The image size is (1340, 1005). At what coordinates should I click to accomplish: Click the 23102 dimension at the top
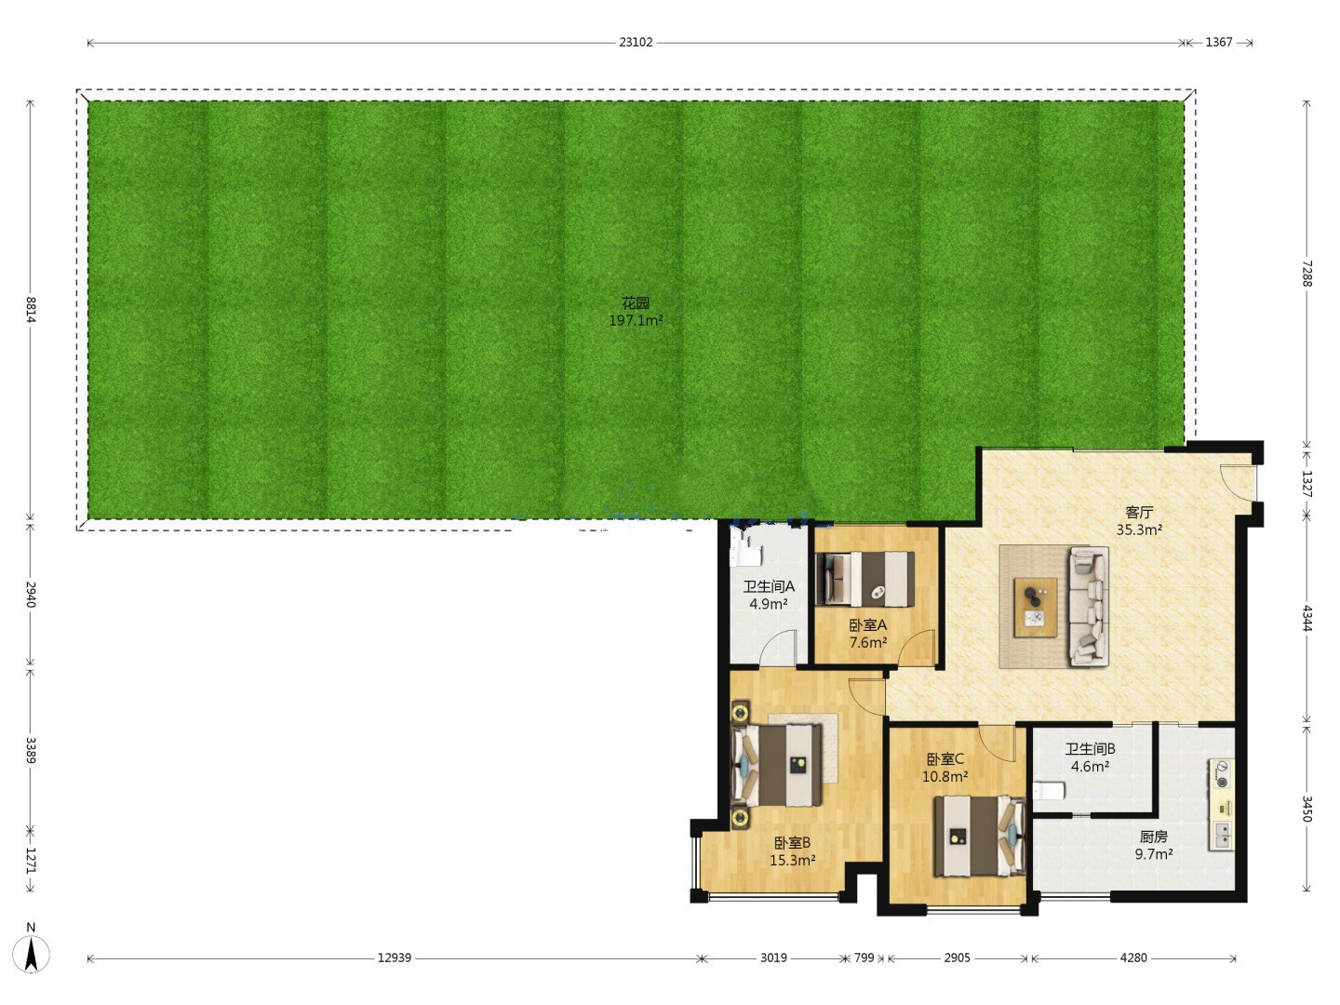click(x=636, y=42)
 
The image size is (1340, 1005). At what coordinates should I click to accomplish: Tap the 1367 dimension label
click(x=1218, y=42)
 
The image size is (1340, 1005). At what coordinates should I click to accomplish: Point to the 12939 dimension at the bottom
click(x=395, y=958)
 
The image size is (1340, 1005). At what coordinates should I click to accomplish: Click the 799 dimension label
click(x=864, y=958)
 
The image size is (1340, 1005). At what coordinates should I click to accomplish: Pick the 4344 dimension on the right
click(x=1306, y=618)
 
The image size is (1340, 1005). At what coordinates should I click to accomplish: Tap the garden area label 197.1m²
click(x=636, y=320)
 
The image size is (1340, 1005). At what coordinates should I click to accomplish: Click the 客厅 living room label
click(x=1139, y=513)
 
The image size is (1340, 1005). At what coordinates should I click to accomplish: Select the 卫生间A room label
click(x=769, y=586)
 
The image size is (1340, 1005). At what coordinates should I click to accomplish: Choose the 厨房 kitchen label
click(x=1153, y=837)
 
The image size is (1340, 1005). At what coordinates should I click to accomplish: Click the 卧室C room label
click(x=945, y=759)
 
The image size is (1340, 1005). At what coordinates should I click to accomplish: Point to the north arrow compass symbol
click(x=31, y=953)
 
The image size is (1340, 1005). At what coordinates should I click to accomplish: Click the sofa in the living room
click(x=1089, y=607)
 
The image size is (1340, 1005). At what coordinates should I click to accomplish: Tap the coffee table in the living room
click(x=1036, y=608)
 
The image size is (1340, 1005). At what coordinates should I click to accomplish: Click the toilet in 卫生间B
click(x=1049, y=791)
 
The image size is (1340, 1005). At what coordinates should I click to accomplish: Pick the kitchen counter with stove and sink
click(x=1221, y=804)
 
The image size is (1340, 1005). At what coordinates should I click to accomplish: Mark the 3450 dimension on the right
click(x=1306, y=809)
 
